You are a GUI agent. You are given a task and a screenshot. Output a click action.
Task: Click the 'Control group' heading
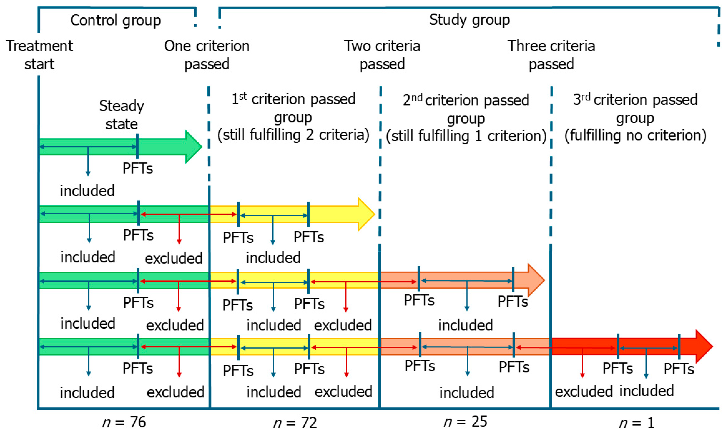tap(116, 20)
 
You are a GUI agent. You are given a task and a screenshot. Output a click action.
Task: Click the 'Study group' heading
tap(469, 20)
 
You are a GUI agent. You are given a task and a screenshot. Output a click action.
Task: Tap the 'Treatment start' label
tap(39, 55)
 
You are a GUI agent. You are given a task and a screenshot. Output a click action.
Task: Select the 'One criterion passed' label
tap(206, 55)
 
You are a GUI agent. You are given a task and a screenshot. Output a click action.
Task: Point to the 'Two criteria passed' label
tap(382, 55)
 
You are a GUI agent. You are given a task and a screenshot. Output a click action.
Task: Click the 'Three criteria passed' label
tap(551, 55)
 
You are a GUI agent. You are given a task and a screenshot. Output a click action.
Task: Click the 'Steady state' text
tap(121, 115)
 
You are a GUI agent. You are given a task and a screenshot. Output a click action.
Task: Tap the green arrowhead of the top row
tap(193, 146)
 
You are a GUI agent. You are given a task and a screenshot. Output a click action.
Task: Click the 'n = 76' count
tap(124, 422)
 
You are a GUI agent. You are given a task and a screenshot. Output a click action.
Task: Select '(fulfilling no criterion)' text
tap(635, 135)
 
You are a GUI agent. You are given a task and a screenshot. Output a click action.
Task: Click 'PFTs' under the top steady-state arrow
tap(137, 168)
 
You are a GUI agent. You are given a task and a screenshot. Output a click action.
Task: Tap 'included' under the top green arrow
tap(87, 191)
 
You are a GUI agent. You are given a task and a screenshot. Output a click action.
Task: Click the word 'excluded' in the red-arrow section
tap(584, 391)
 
